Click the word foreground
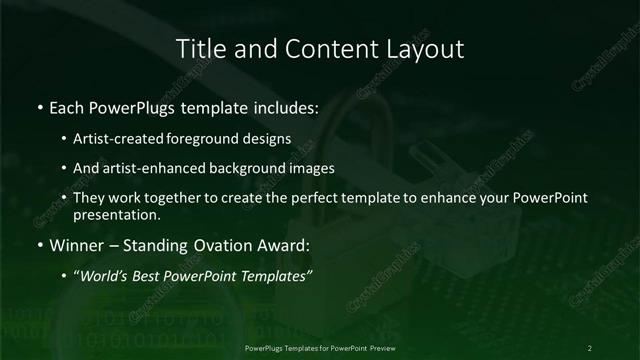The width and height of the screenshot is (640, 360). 219,140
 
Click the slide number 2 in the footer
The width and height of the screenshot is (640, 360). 590,348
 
